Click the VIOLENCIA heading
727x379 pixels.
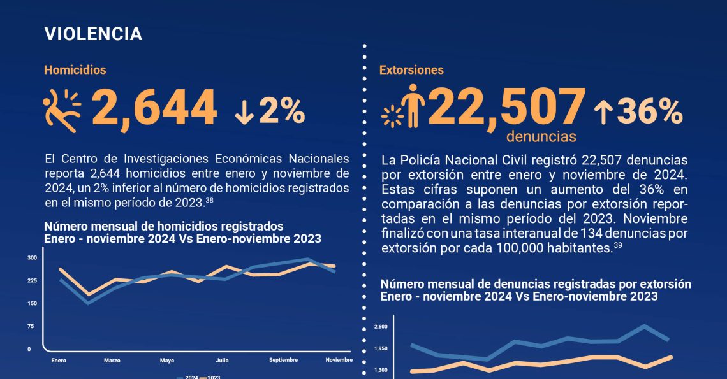point(93,34)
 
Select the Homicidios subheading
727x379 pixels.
point(75,70)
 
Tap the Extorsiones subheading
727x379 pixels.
point(411,70)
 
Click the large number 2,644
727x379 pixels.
point(155,108)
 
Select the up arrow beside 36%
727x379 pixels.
point(603,113)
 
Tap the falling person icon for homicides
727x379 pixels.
point(62,110)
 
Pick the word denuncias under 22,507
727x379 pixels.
point(541,137)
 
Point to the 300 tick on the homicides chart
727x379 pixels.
point(32,258)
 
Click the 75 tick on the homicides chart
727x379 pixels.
point(30,326)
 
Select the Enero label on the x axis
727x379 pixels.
point(59,361)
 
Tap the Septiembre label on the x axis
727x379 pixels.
point(283,360)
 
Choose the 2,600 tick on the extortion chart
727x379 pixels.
point(380,327)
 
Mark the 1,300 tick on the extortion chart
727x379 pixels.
point(380,370)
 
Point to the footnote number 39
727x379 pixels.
point(617,245)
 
